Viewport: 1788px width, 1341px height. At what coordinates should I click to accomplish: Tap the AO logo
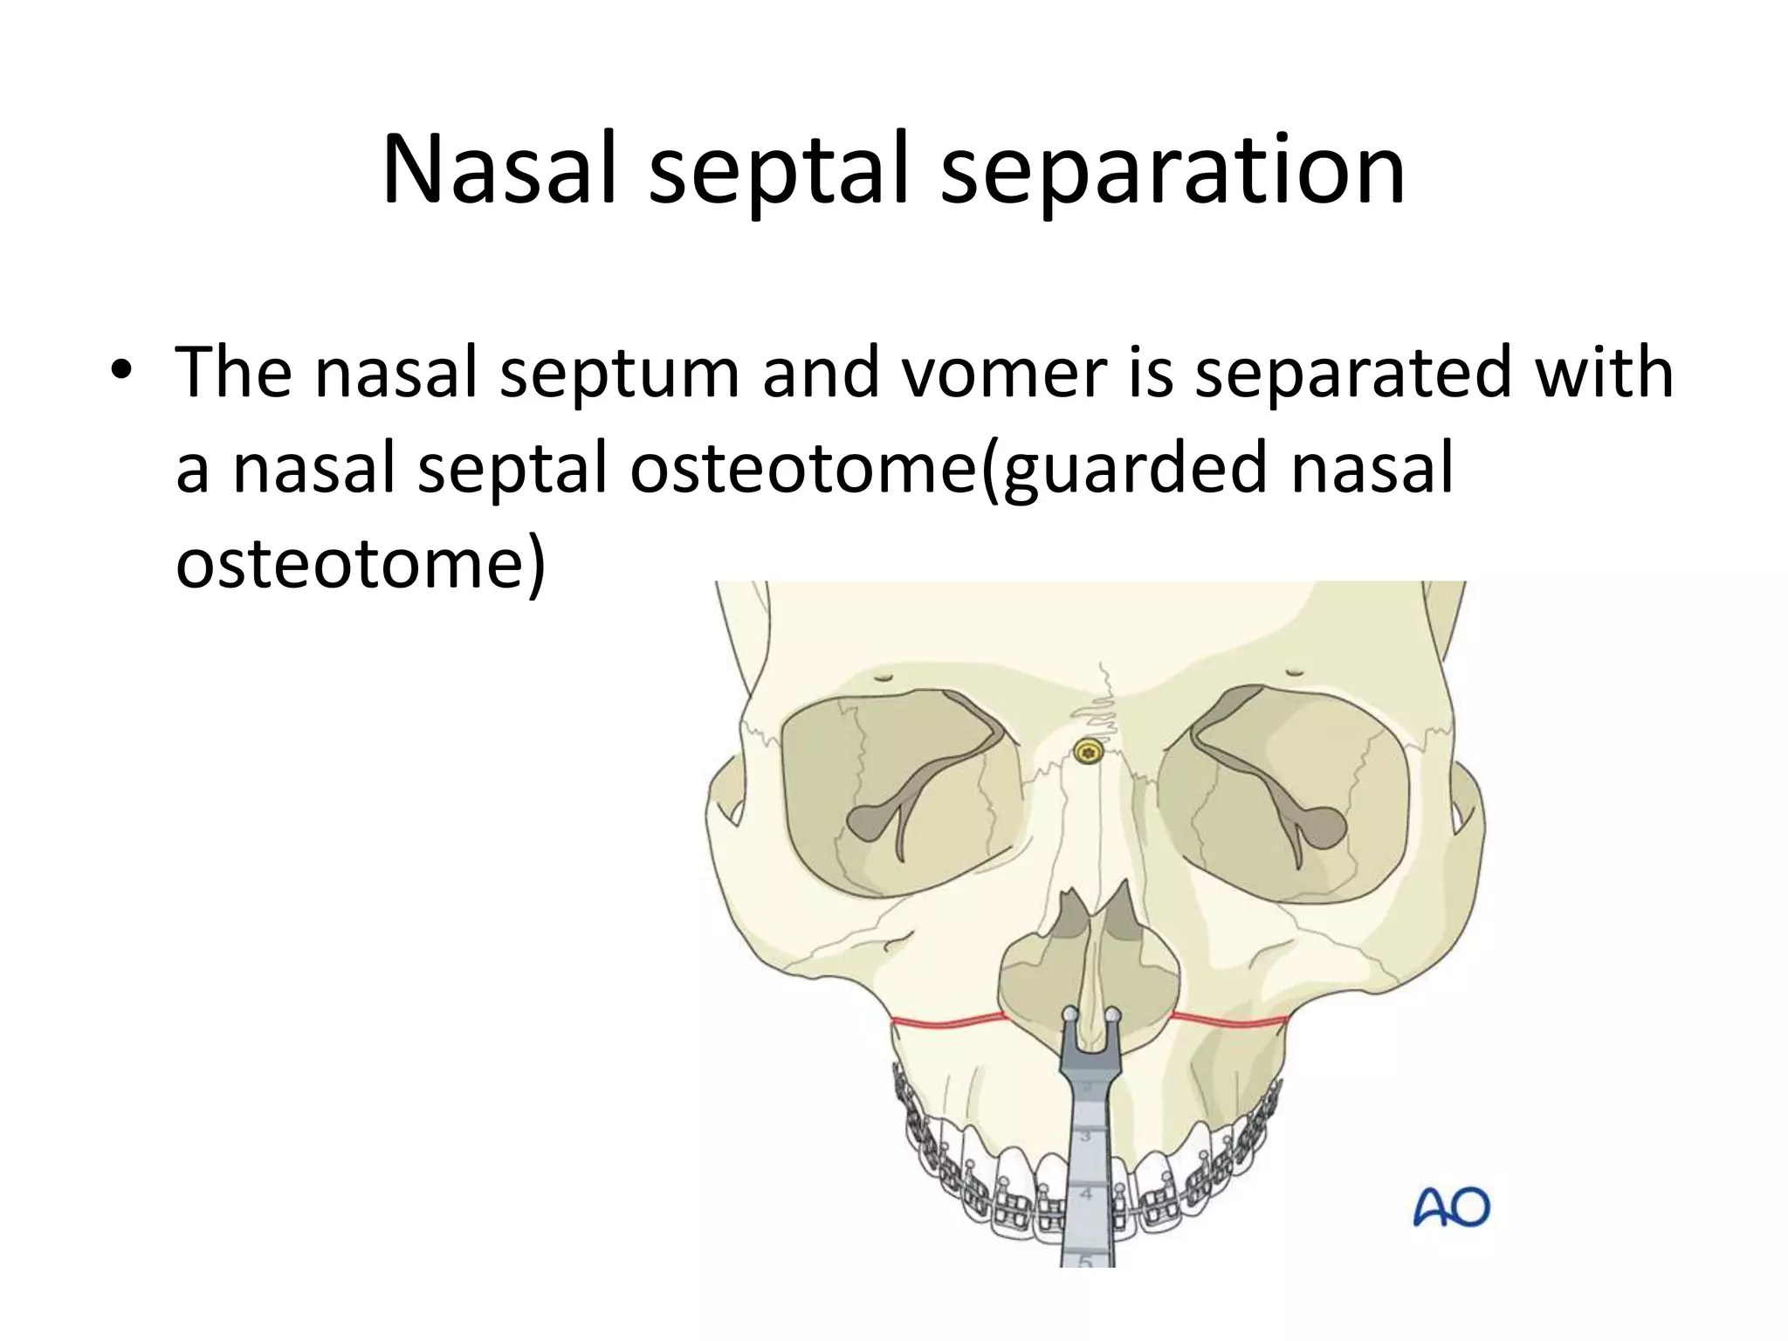pyautogui.click(x=1451, y=1208)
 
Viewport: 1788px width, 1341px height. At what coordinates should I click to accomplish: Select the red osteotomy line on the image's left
pyautogui.click(x=948, y=1021)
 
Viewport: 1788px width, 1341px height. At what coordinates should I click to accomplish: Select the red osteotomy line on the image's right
pyautogui.click(x=1231, y=1019)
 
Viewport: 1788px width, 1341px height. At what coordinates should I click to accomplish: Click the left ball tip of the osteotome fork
pyautogui.click(x=1069, y=1014)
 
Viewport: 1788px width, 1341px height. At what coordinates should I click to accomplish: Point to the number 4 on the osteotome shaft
pyautogui.click(x=1087, y=1193)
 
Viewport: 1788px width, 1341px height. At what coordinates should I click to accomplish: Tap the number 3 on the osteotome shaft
pyautogui.click(x=1087, y=1137)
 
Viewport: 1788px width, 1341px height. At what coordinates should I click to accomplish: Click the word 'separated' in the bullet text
pyautogui.click(x=1351, y=373)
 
